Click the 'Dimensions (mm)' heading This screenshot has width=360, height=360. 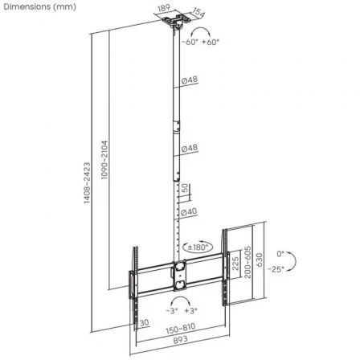pyautogui.click(x=39, y=7)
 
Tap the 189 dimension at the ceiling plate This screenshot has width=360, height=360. pyautogui.click(x=165, y=10)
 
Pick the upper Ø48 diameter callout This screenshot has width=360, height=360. pyautogui.click(x=190, y=80)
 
